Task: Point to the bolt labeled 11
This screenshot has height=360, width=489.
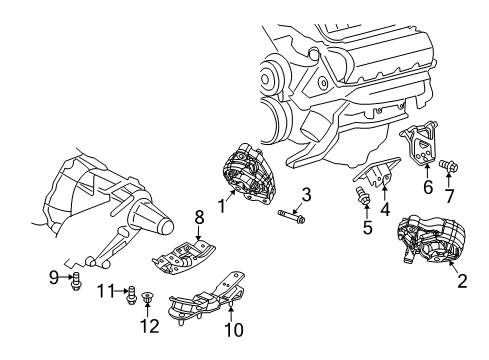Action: [x=131, y=295]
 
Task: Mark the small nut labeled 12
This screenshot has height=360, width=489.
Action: [x=147, y=297]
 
